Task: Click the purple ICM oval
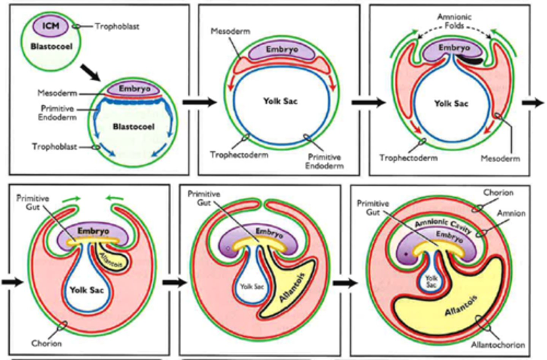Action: (x=51, y=26)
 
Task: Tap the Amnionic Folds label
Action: (x=454, y=21)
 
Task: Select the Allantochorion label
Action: (x=498, y=345)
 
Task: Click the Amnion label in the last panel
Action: (x=511, y=213)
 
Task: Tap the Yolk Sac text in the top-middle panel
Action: (x=280, y=101)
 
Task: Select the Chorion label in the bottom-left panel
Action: (x=46, y=343)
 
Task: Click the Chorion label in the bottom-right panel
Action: (x=498, y=193)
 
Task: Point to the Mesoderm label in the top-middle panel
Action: (x=231, y=31)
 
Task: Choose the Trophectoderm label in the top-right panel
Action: (x=408, y=158)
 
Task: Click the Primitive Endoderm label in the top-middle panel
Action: (x=324, y=161)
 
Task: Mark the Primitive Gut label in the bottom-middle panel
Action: (x=204, y=198)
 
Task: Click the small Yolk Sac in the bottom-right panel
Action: (x=431, y=281)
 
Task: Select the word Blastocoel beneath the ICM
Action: (x=51, y=46)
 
